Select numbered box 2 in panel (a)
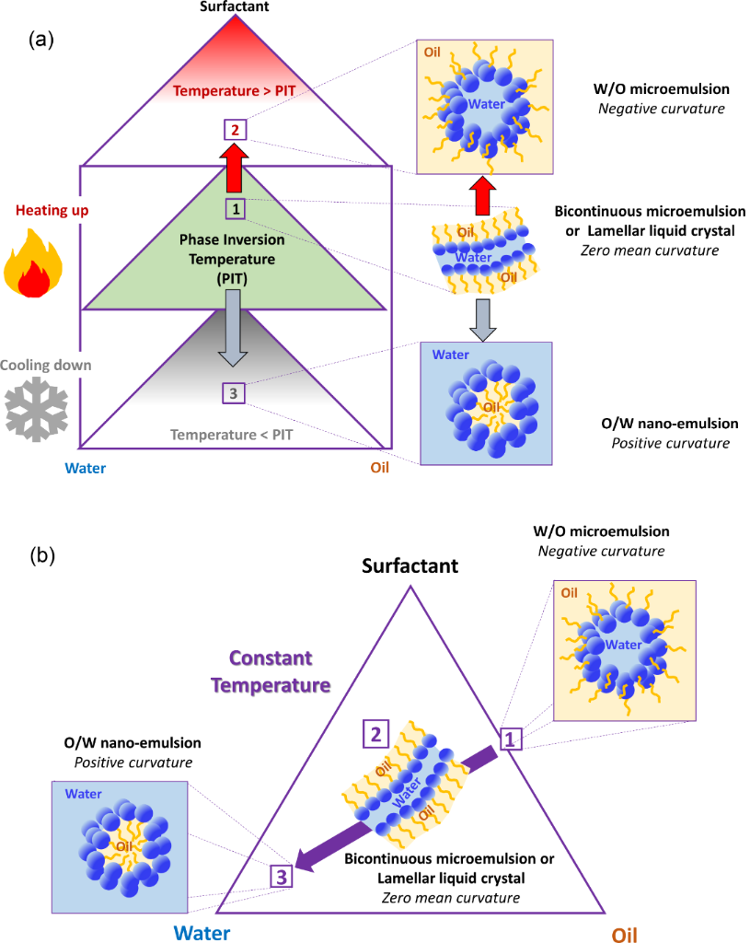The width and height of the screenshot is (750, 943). [x=237, y=130]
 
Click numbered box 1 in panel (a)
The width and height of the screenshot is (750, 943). [x=237, y=209]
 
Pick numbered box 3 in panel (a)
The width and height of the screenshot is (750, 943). [x=234, y=394]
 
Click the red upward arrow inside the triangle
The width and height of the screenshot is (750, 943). [x=237, y=169]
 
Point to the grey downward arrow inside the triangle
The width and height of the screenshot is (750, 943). [x=234, y=327]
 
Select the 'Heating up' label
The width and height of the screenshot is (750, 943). [x=40, y=211]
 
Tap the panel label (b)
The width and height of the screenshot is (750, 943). [x=44, y=555]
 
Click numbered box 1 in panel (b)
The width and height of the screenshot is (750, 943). [x=511, y=738]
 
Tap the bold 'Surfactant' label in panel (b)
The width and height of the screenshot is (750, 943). [x=410, y=565]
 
